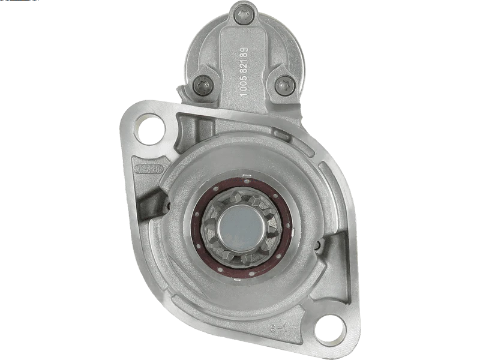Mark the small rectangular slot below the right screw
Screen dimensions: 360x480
280,132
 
